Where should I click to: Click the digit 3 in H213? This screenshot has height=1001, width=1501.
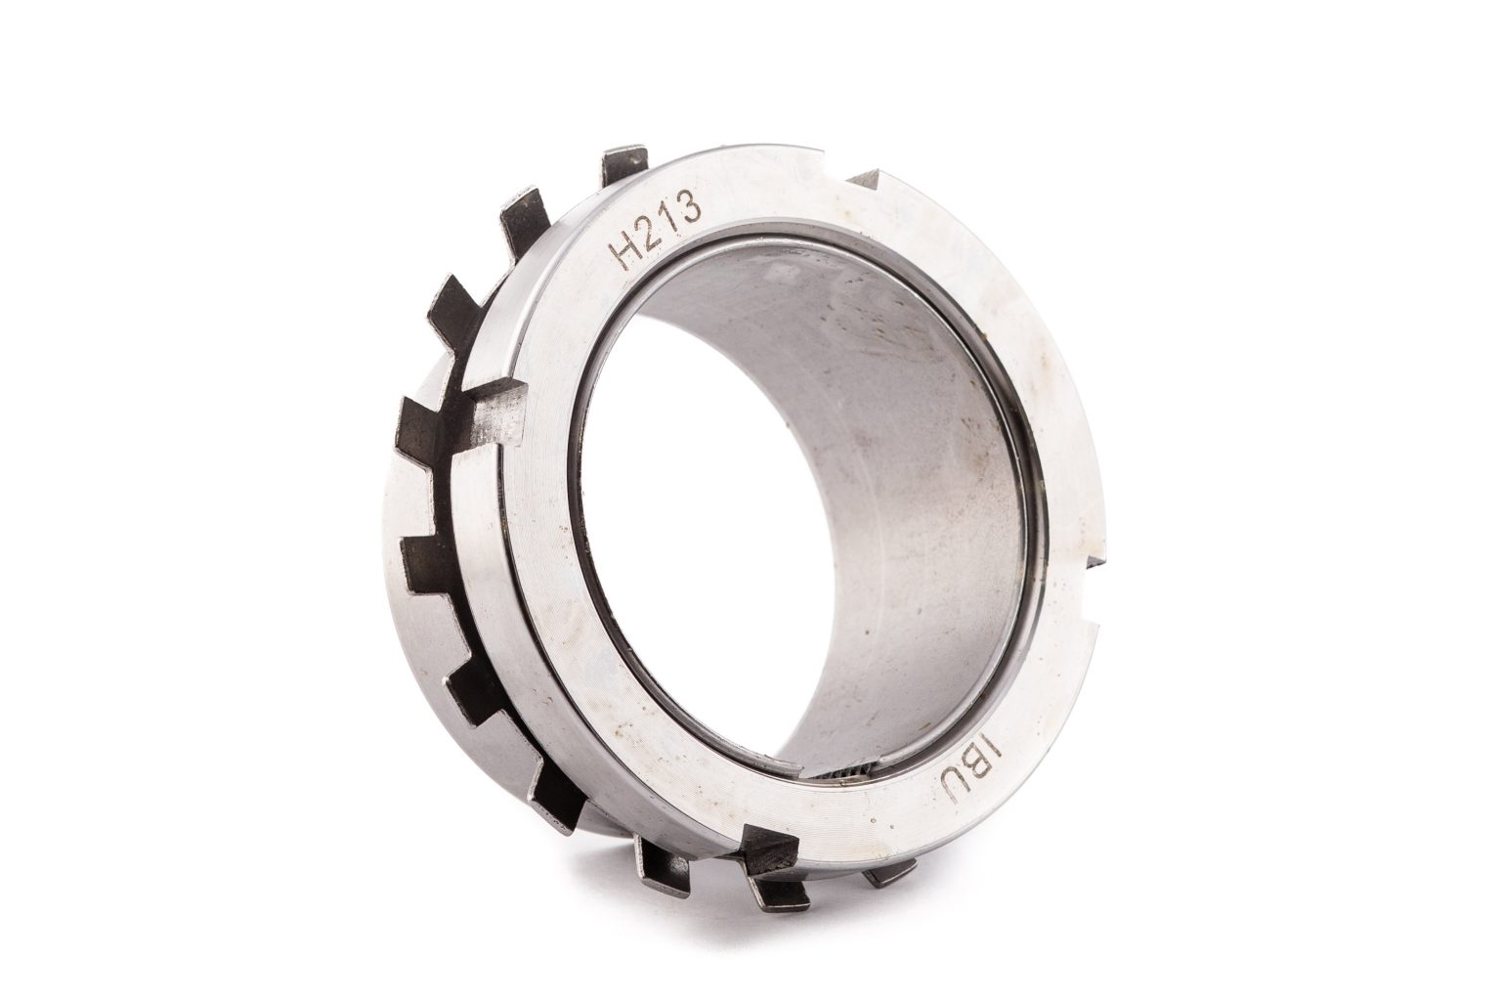tap(690, 205)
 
